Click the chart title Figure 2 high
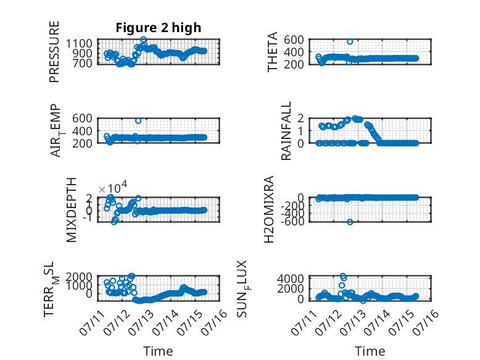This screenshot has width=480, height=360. pos(159,28)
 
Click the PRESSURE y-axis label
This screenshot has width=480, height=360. pos(54,52)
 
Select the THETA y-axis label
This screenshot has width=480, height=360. pos(272,52)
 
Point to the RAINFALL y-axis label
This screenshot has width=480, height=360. pos(286,131)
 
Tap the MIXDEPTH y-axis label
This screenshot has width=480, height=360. pos(71,210)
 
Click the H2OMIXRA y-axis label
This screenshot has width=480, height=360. pos(268,209)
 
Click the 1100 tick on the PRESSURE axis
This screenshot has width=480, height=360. pos(79,43)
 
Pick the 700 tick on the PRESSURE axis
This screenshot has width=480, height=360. pos(82,64)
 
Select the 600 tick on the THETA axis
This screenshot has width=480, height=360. pos(294,40)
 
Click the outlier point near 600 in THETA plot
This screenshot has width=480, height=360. pos(350,41)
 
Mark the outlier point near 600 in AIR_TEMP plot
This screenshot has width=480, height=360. pos(138,120)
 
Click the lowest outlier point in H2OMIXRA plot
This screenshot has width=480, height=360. pos(350,222)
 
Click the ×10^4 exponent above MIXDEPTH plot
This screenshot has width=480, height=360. pos(113,187)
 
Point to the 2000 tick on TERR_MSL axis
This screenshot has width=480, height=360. pos(79,277)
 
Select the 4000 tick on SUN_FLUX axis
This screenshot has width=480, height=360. pos(291,279)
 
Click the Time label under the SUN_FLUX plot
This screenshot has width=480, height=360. pos(370,351)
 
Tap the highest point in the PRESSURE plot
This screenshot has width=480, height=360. pos(143,40)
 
